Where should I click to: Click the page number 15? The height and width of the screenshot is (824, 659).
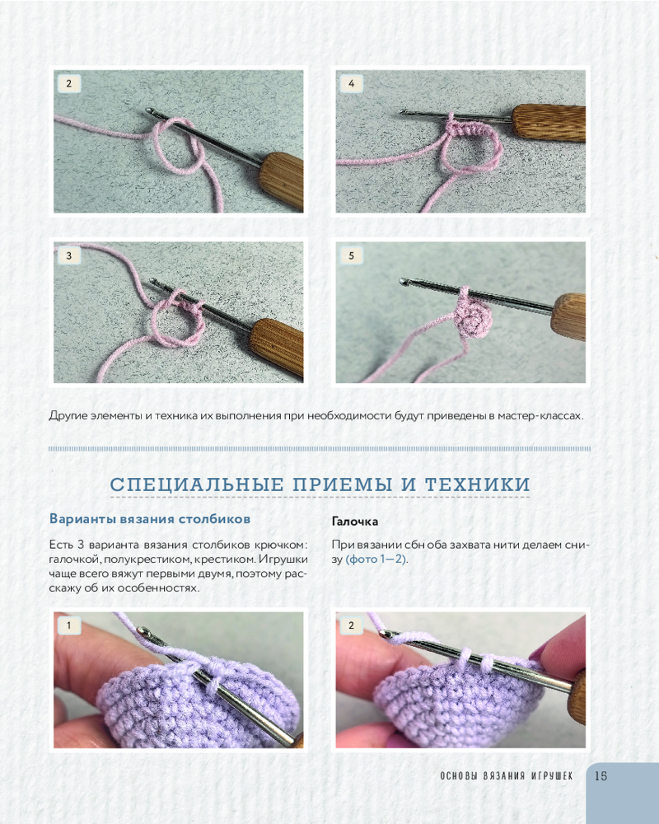(x=601, y=775)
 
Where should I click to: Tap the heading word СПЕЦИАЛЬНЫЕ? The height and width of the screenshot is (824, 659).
(x=197, y=484)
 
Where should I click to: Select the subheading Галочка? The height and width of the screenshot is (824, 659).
(x=355, y=522)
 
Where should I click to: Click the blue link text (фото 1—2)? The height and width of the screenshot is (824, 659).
(x=376, y=559)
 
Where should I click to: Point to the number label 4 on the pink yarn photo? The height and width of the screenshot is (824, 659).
(x=351, y=83)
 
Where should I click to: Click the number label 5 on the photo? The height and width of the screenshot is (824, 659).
(x=351, y=256)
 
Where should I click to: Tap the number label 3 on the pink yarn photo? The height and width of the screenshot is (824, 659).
(x=69, y=256)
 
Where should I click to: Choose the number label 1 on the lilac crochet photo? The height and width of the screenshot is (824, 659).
(x=69, y=625)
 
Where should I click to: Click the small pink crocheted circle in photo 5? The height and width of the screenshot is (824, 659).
(x=471, y=317)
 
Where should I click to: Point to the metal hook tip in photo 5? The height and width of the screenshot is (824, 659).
(x=404, y=283)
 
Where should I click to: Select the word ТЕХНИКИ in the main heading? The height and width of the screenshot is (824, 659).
(x=477, y=484)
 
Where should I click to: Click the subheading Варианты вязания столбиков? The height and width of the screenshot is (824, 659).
(x=150, y=518)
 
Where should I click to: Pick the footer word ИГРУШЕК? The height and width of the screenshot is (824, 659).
(x=552, y=775)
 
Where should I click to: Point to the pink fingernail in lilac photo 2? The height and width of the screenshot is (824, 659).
(x=538, y=653)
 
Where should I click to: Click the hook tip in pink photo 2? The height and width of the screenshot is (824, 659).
(x=150, y=111)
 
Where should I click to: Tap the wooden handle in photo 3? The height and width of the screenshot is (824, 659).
(x=277, y=346)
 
